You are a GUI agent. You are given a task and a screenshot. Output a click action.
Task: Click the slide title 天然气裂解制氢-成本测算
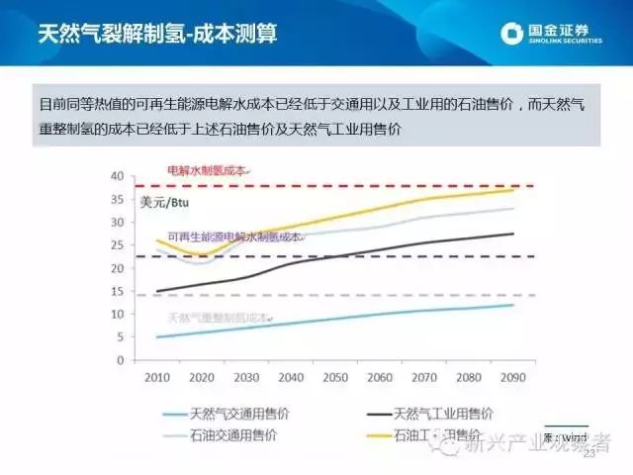[157, 34]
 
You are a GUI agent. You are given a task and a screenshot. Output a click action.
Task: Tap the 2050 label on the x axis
[335, 377]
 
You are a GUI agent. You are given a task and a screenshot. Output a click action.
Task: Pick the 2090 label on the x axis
[512, 377]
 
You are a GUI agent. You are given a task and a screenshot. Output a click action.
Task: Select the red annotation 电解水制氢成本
[208, 171]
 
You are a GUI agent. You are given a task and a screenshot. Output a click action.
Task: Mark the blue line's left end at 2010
[158, 336]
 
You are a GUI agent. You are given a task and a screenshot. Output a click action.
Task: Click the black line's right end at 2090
[512, 234]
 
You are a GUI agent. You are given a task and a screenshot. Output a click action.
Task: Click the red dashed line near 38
[396, 185]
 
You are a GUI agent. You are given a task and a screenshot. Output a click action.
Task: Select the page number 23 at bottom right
[590, 454]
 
